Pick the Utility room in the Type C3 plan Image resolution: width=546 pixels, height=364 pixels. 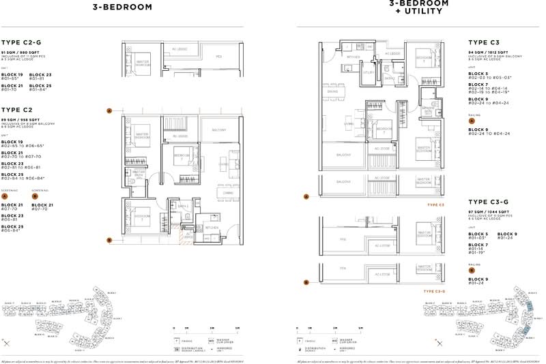coord(369,72)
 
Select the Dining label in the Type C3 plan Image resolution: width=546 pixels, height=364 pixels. coord(332,91)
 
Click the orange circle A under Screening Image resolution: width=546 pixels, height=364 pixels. coord(5,196)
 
